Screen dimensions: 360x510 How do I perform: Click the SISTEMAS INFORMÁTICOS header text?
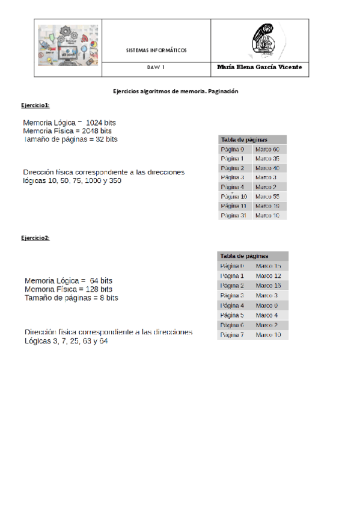point(156,50)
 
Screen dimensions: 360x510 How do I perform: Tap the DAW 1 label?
point(156,68)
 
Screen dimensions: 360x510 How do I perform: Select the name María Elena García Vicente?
point(259,67)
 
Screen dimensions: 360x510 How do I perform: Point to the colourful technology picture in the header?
point(68,45)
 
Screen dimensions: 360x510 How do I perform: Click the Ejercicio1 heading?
point(35,105)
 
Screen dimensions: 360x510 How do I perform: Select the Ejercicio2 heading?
point(35,238)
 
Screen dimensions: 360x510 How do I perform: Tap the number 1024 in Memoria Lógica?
point(96,123)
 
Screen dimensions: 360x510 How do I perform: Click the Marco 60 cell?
point(267,149)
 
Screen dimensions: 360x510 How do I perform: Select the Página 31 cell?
point(234,215)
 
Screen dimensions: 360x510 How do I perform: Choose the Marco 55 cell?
point(267,196)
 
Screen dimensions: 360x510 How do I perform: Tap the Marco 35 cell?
point(267,158)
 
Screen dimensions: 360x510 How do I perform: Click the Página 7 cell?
point(232,334)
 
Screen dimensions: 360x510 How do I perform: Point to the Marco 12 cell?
point(269,275)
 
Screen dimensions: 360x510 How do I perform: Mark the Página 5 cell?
point(232,315)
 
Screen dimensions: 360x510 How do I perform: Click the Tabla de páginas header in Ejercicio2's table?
point(244,256)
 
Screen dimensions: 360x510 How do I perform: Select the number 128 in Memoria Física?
point(87,289)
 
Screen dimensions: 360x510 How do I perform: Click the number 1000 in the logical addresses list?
point(93,180)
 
